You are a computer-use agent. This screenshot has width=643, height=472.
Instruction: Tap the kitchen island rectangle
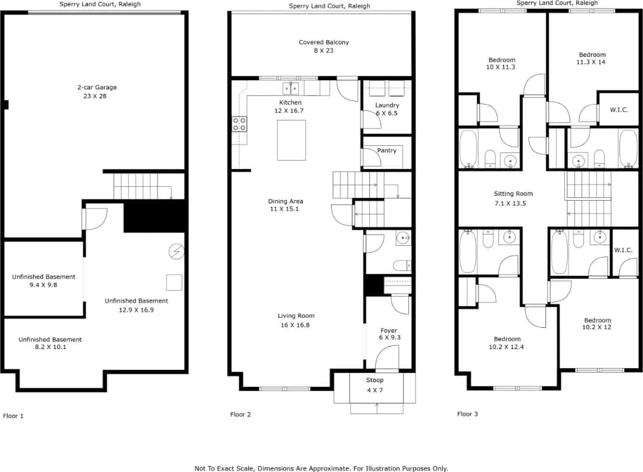click(291, 140)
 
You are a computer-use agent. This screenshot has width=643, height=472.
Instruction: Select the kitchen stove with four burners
click(240, 124)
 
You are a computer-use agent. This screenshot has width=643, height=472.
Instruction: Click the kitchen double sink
click(291, 89)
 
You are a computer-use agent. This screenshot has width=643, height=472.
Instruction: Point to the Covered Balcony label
click(323, 43)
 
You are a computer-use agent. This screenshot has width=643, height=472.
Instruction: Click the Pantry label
click(387, 151)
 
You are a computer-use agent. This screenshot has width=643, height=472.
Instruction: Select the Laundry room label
click(387, 105)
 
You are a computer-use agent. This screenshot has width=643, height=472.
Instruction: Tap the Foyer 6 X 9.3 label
click(388, 331)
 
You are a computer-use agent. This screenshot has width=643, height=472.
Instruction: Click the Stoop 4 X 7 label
click(375, 380)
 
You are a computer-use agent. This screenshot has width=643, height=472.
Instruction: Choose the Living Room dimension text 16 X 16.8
click(296, 324)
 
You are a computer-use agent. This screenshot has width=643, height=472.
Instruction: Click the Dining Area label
click(285, 201)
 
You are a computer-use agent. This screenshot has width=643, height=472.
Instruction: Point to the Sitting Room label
click(513, 194)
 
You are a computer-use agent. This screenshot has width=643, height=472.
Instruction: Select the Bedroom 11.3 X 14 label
click(591, 55)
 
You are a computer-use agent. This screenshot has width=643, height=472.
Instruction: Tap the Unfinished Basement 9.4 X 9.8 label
click(44, 277)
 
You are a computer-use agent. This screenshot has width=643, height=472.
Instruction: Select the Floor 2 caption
click(241, 415)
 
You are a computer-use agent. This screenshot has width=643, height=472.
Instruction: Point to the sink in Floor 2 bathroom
click(404, 238)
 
